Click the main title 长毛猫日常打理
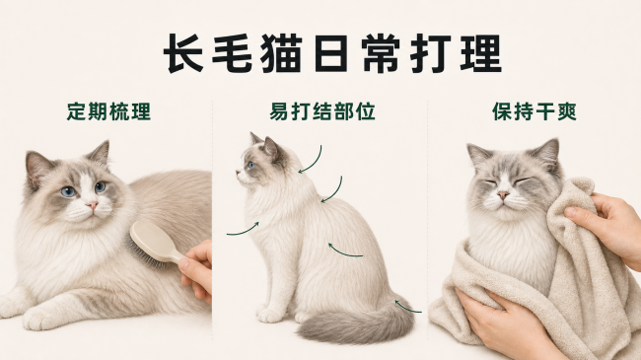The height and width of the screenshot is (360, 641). [x=332, y=53]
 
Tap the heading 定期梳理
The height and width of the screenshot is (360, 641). [x=108, y=111]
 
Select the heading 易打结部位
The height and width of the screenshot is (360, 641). [x=322, y=111]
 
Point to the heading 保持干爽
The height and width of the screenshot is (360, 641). [x=534, y=111]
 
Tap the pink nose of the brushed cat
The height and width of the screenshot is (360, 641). [x=93, y=204]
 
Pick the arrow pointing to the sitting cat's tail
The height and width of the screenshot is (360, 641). [x=406, y=307]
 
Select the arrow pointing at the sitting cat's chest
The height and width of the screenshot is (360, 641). [x=244, y=231]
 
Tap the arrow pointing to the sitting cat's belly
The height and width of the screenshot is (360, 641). [x=344, y=252]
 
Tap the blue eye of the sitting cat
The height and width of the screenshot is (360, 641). [x=250, y=166]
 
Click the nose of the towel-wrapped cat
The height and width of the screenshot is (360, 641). [x=503, y=194]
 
